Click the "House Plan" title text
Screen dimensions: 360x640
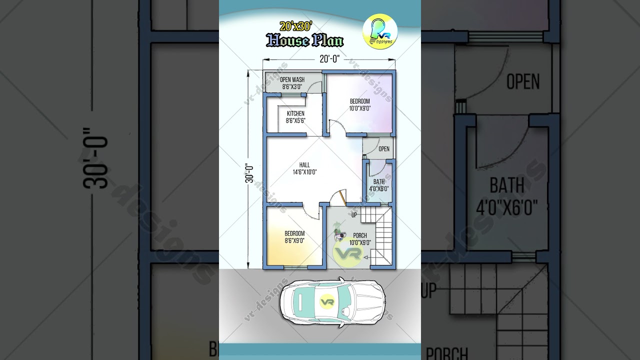click(x=304, y=40)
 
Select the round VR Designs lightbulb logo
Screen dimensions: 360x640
click(x=380, y=31)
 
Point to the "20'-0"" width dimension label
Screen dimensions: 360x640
click(x=329, y=59)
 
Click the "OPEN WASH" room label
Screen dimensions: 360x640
click(x=292, y=79)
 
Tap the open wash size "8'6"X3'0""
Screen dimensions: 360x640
click(x=292, y=86)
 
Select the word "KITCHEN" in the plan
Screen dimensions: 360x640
click(x=295, y=113)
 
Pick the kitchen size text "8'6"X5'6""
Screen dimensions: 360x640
click(x=295, y=120)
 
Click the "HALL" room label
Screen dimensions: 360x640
click(x=304, y=165)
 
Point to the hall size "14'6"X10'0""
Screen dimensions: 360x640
click(x=304, y=172)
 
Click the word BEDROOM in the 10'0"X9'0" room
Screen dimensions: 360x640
click(x=359, y=101)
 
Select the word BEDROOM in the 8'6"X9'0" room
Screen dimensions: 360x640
click(x=294, y=233)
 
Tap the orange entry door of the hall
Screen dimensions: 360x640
click(x=341, y=196)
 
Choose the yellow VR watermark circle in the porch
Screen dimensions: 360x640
click(x=348, y=253)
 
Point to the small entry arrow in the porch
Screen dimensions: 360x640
click(x=366, y=257)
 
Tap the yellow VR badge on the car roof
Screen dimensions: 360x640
click(x=327, y=302)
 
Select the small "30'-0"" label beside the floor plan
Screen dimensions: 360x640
click(x=248, y=173)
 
